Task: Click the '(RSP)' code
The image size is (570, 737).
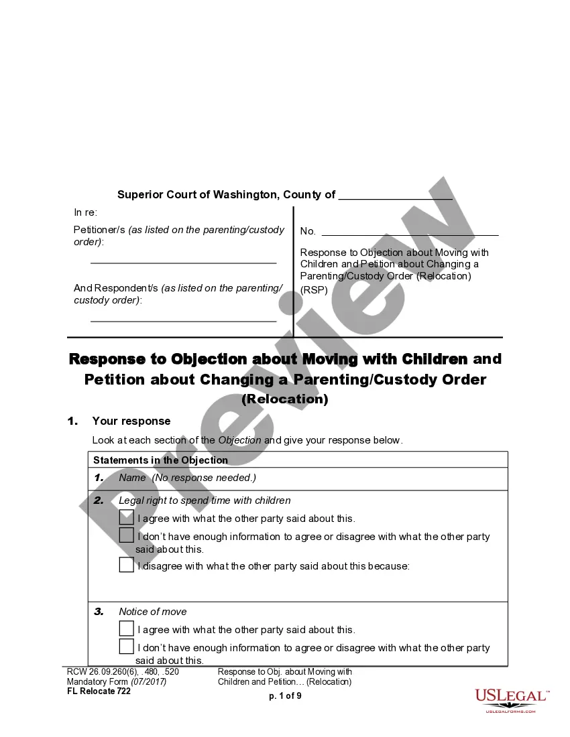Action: click(x=314, y=290)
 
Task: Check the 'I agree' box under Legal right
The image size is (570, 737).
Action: click(x=127, y=517)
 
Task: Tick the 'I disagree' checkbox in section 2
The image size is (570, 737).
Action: click(x=127, y=565)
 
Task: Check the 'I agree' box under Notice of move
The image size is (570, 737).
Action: click(x=127, y=628)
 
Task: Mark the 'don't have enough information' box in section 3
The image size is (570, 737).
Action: click(x=127, y=647)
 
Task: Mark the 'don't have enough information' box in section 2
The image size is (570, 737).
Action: click(x=127, y=535)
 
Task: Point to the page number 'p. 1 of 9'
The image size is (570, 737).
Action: click(x=285, y=696)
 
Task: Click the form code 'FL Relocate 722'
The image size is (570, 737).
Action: click(x=99, y=691)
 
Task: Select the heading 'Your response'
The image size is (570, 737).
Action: click(x=131, y=421)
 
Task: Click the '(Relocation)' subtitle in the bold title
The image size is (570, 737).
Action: click(x=285, y=399)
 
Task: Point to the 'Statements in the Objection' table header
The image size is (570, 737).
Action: click(x=160, y=460)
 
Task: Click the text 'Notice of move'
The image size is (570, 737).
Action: click(x=153, y=612)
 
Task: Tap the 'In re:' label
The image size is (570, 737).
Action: click(x=86, y=212)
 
